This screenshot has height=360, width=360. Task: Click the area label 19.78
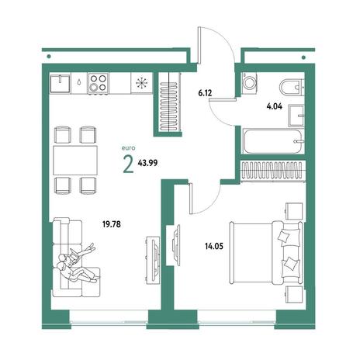click(112, 224)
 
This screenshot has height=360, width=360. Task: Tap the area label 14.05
click(214, 247)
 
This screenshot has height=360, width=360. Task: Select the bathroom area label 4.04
click(275, 106)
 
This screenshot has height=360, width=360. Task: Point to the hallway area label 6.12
click(205, 93)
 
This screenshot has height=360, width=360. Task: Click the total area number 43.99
click(147, 163)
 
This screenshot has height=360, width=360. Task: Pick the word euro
click(128, 148)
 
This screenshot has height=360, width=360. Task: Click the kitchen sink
click(61, 83)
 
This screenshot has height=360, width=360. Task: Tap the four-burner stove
click(99, 83)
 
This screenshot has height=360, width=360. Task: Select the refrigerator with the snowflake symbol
click(141, 83)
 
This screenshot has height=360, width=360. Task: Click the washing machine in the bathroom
click(249, 83)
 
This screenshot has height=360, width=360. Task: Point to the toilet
click(292, 88)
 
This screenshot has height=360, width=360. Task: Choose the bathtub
click(273, 142)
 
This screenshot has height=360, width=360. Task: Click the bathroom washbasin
click(296, 116)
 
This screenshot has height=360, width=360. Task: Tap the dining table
click(75, 160)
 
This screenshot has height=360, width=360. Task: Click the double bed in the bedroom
click(266, 253)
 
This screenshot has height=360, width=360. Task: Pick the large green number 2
click(129, 165)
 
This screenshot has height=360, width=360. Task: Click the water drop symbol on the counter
click(79, 81)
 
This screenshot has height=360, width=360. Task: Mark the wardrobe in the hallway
click(168, 104)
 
